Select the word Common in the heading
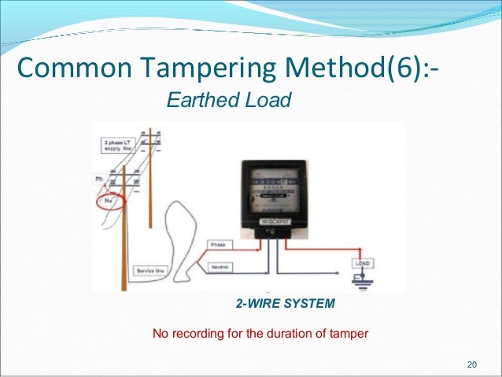point(65,68)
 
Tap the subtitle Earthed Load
point(227,100)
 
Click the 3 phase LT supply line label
point(118,146)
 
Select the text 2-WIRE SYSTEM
point(285,303)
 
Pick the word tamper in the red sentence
point(349,334)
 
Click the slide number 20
point(472,364)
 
